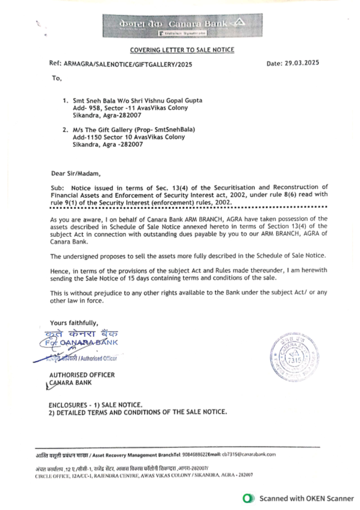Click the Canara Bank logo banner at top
click(x=182, y=26)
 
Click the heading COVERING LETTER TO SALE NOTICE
click(x=182, y=50)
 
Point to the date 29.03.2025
click(x=302, y=63)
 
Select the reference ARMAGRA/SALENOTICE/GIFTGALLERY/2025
click(x=128, y=64)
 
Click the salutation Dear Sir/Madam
click(x=76, y=173)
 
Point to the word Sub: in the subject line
click(x=57, y=188)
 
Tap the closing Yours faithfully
click(x=74, y=323)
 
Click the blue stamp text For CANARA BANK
click(x=81, y=343)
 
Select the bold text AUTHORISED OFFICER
click(x=82, y=375)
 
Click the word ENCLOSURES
click(x=68, y=405)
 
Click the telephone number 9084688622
click(x=195, y=455)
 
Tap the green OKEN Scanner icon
click(x=248, y=498)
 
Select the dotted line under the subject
click(x=189, y=207)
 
